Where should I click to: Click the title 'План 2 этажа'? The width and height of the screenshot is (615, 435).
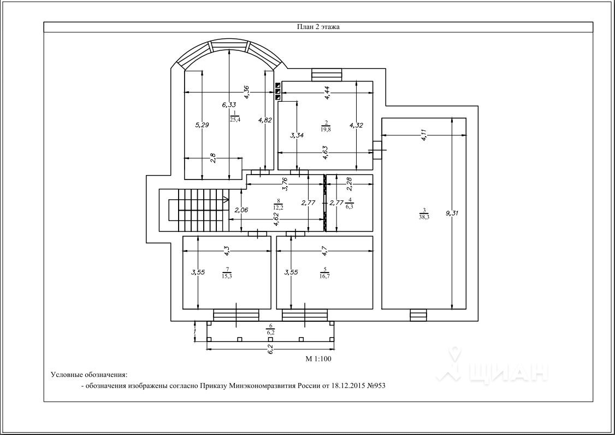click(318, 27)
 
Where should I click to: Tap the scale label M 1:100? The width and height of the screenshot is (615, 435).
click(318, 358)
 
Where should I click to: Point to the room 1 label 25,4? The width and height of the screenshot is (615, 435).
click(235, 119)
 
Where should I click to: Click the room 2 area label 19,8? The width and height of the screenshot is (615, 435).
click(326, 129)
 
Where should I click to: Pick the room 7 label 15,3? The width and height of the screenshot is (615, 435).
click(227, 276)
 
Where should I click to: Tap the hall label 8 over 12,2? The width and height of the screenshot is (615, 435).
click(279, 205)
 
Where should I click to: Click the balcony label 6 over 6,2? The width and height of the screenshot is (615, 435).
click(270, 329)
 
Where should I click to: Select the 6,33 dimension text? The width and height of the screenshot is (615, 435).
click(229, 105)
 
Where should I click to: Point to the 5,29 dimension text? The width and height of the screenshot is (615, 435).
click(203, 125)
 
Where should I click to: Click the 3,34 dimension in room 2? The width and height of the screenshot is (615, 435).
click(297, 135)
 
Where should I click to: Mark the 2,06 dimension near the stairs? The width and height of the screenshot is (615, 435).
click(241, 210)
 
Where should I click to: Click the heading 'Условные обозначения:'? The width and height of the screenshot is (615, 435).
click(90, 374)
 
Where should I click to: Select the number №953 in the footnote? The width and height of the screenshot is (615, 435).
click(376, 386)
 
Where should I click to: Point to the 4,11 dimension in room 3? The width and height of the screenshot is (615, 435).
click(424, 135)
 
